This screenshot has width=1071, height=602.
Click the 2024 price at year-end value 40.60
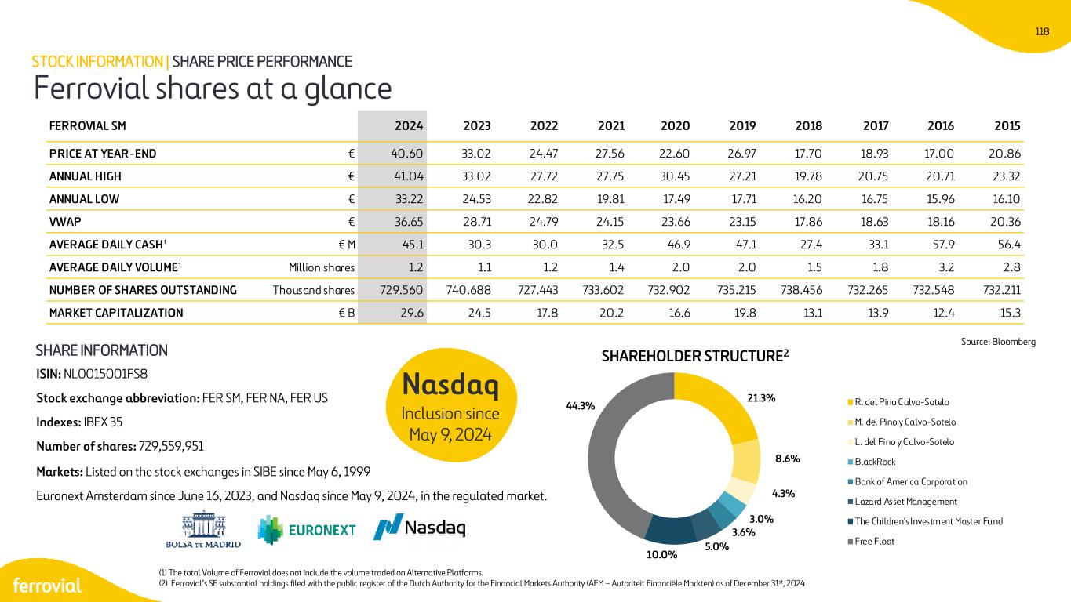406,154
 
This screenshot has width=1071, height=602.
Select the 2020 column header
675,126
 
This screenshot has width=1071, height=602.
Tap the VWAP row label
65,222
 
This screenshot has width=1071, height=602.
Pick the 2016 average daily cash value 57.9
943,245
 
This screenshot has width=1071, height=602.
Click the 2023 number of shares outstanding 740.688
468,290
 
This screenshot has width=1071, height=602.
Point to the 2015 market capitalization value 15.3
1011,313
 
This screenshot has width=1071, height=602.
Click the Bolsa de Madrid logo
203,529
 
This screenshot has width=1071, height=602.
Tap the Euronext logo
307,530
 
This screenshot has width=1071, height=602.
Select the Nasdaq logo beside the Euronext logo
419,528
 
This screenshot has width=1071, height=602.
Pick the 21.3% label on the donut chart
761,398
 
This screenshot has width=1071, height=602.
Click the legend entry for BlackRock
871,462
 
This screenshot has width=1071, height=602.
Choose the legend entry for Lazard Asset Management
902,502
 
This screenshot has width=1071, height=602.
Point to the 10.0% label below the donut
661,555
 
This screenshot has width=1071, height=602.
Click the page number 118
1042,31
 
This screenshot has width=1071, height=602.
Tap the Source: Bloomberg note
998,342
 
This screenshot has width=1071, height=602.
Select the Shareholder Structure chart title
694,356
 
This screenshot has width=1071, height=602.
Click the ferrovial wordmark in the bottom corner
47,586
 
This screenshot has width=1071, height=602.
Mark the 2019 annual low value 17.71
744,199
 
